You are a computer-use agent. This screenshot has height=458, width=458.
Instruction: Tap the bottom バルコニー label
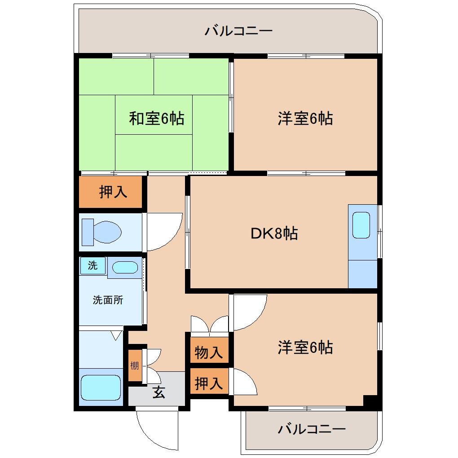(311, 429)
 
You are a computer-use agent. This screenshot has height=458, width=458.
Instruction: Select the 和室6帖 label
(156, 119)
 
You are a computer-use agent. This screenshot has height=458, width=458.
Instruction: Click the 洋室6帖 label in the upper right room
(305, 119)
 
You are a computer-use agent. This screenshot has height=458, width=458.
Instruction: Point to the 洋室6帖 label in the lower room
(305, 347)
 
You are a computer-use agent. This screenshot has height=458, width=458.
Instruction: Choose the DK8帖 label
(274, 233)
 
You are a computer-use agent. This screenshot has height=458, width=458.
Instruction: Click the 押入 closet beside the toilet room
(113, 192)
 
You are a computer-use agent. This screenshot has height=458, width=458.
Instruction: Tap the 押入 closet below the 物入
(209, 383)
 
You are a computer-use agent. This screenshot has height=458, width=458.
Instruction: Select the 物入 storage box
(209, 352)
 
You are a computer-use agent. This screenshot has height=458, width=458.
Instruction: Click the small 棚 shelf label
(135, 365)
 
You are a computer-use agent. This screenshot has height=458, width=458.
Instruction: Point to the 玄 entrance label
(159, 392)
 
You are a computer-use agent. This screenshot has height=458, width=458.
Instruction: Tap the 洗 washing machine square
(92, 265)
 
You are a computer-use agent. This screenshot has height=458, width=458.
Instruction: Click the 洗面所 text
(108, 300)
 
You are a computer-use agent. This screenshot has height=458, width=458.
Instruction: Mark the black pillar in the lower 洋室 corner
(370, 401)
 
